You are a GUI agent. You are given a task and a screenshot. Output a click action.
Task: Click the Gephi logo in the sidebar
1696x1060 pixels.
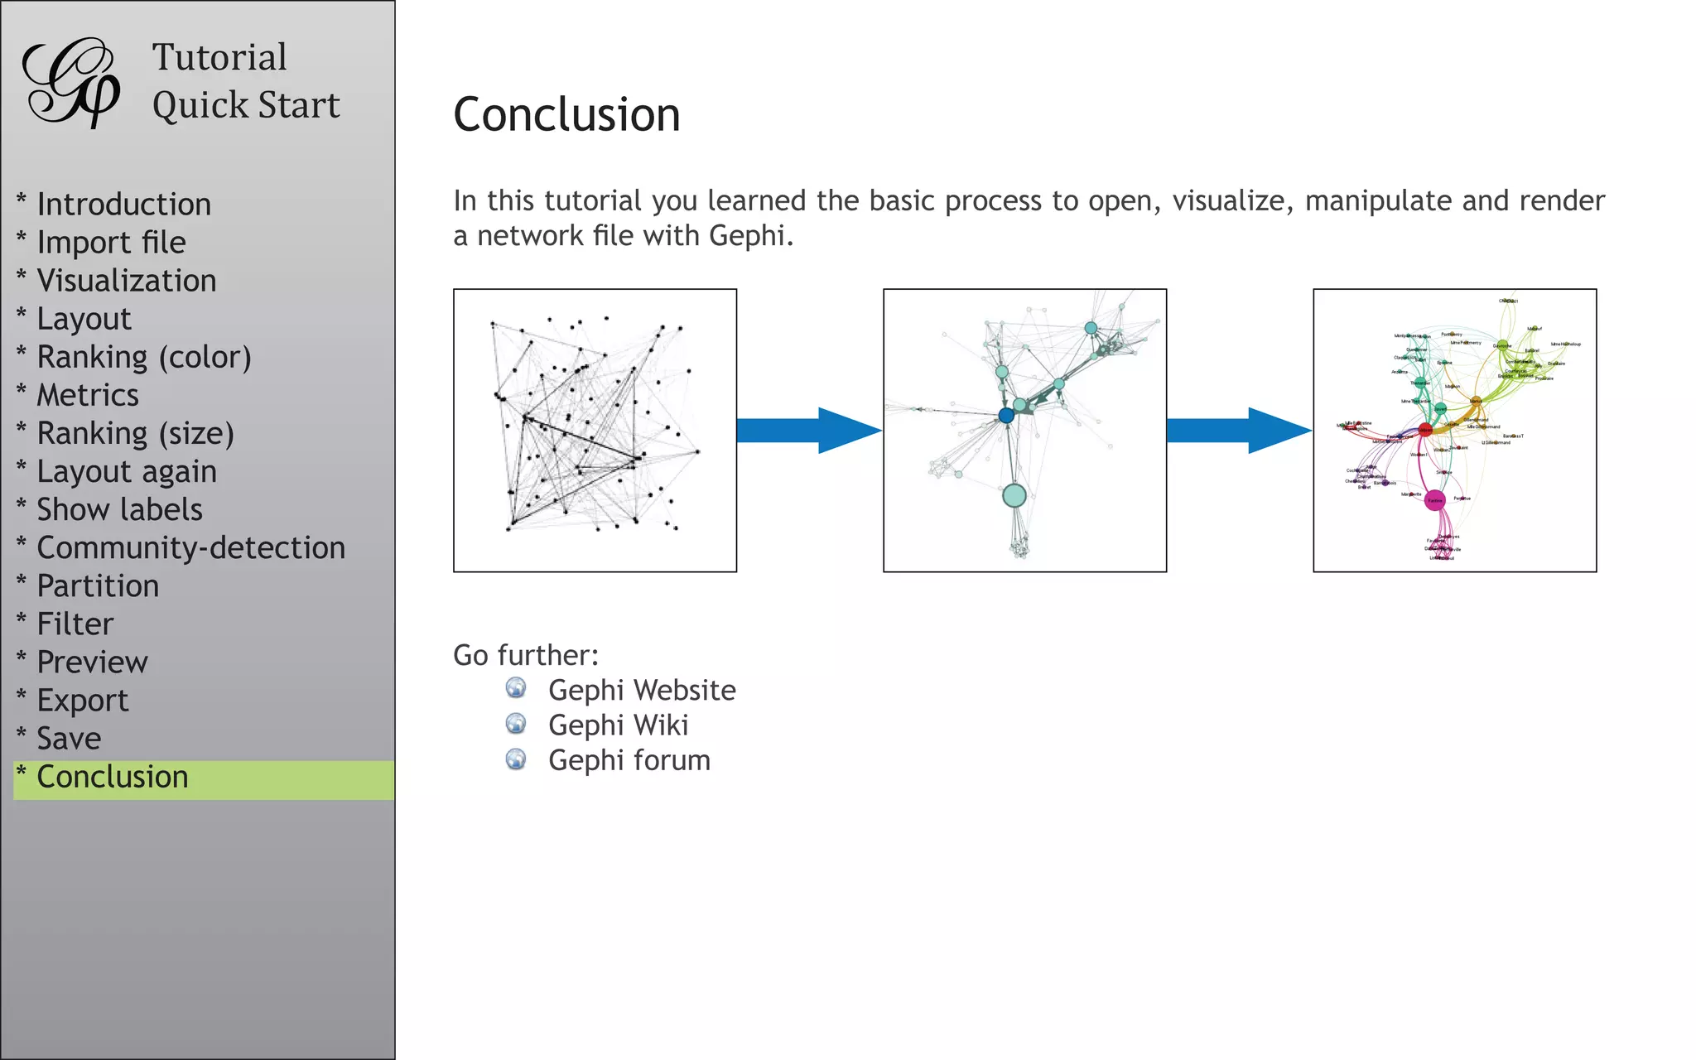pos(71,82)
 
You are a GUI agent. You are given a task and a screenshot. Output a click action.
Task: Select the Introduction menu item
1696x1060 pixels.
pos(123,205)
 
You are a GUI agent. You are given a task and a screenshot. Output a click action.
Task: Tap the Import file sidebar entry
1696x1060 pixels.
pos(111,243)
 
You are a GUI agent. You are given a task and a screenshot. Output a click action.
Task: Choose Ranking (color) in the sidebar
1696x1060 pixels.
pos(143,357)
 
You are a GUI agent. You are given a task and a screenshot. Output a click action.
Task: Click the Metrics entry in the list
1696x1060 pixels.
pos(88,395)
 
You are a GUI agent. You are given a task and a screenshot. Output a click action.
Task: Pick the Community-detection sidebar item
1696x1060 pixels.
pos(190,548)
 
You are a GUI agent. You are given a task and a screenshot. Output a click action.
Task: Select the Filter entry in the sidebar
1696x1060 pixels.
pos(75,624)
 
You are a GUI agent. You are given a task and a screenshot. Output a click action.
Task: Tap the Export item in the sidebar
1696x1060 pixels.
pos(83,701)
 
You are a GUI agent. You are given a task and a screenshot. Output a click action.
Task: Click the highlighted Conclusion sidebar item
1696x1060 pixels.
pos(113,778)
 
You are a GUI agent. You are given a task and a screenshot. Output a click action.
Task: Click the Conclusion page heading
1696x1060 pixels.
pos(566,114)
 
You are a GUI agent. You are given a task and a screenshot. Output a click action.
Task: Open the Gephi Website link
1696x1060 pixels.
pos(642,691)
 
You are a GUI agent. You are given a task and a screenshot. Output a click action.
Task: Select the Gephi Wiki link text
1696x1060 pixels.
pos(618,725)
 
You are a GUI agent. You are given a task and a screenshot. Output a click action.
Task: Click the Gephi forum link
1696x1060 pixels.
pos(629,760)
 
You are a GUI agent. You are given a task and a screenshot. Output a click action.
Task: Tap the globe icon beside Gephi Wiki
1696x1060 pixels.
pos(516,724)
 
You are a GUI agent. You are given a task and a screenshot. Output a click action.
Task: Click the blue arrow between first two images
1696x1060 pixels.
pos(807,431)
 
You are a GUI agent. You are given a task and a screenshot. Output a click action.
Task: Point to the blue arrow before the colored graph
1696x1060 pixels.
pos(1237,431)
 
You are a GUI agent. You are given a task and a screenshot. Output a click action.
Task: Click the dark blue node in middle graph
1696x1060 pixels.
pos(1006,416)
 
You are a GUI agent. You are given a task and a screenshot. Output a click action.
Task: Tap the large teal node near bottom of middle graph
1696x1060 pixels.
pos(1014,496)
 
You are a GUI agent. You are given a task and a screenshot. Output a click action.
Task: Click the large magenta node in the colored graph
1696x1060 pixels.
pos(1435,500)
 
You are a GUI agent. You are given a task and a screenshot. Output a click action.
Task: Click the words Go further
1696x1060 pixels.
pos(525,656)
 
